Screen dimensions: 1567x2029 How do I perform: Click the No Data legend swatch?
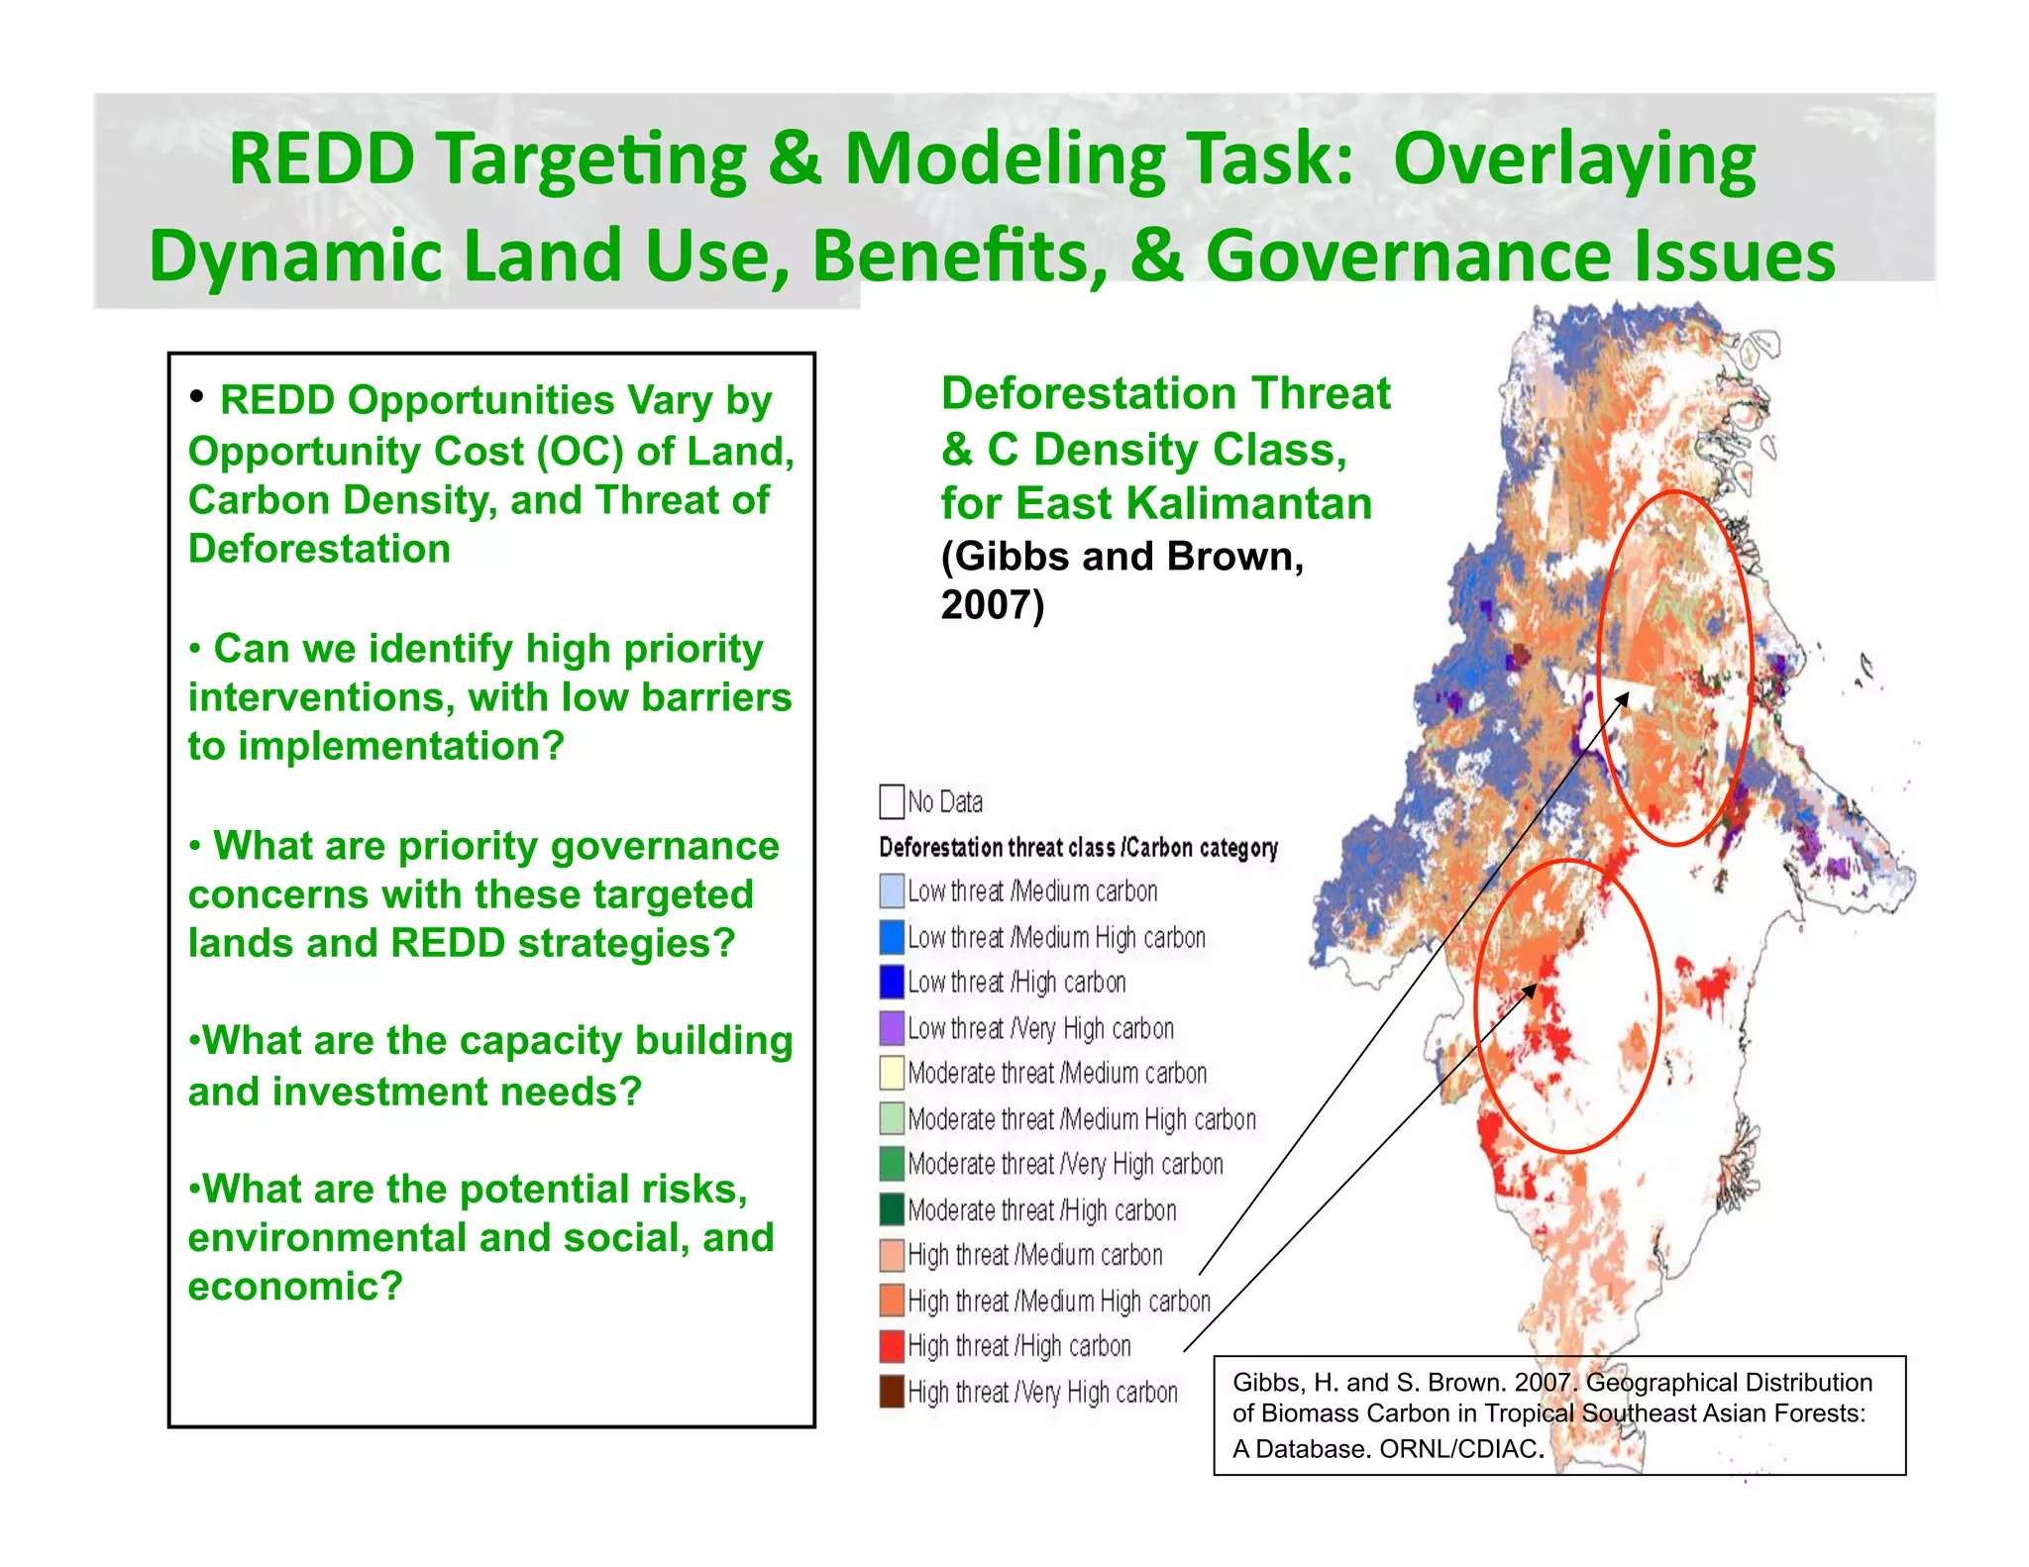[x=891, y=801]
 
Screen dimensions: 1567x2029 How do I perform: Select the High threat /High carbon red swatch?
[x=891, y=1346]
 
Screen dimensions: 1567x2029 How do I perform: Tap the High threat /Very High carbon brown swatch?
[x=891, y=1392]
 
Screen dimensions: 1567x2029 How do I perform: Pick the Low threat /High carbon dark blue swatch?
[x=891, y=982]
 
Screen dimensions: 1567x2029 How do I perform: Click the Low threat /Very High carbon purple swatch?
[x=891, y=1027]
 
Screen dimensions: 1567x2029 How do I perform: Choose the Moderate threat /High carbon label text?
[x=1041, y=1210]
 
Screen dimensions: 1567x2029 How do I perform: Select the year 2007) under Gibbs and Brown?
[x=992, y=604]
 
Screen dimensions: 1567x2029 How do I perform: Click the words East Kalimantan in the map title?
[x=1194, y=503]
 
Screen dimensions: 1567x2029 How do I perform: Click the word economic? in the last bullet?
[x=295, y=1287]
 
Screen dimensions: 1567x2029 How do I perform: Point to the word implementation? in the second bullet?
[x=400, y=746]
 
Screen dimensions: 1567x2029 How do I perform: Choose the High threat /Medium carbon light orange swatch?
[x=891, y=1255]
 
